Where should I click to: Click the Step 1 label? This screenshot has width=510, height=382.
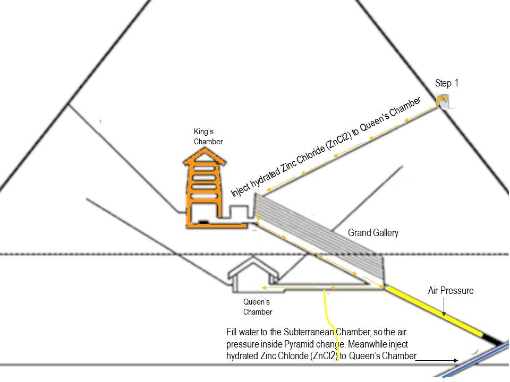(446, 83)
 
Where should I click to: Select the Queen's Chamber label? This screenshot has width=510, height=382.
(257, 307)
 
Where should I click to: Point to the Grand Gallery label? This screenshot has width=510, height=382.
(373, 233)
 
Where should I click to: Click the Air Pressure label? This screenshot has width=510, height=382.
(450, 291)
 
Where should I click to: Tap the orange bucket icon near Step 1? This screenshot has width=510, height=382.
(443, 101)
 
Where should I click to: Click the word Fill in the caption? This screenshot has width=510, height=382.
(232, 332)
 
